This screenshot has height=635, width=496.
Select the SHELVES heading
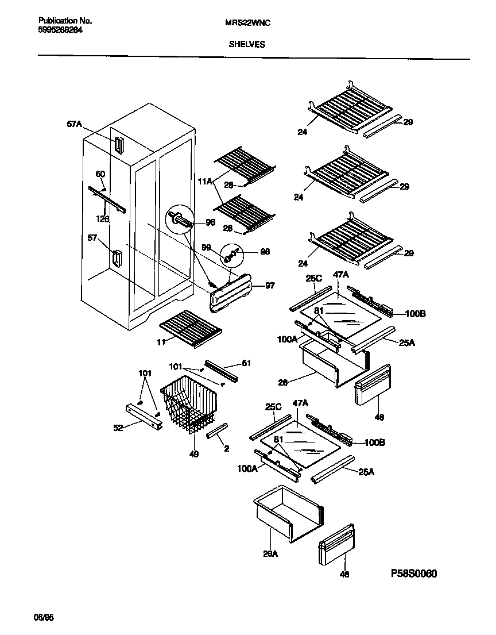247,44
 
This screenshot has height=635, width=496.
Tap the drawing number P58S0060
418,574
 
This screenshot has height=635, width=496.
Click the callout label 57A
75,123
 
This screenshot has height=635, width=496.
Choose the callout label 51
246,363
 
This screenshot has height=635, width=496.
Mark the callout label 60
99,174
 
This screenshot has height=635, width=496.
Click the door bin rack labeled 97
233,294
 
